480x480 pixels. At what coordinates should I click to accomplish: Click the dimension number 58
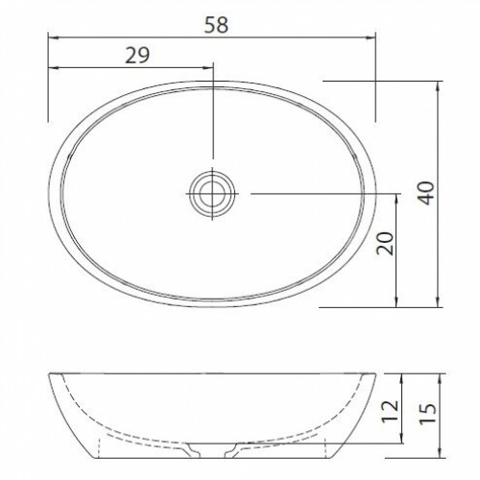216,25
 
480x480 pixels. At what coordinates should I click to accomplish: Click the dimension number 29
137,56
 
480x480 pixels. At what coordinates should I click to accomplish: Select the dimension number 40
427,193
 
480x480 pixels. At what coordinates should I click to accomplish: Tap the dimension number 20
385,243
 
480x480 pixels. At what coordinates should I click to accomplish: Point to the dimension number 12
390,411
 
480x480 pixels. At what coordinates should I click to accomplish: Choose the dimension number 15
427,413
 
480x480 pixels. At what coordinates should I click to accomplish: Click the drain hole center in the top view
212,194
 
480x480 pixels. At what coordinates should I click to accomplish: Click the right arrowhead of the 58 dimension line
371,37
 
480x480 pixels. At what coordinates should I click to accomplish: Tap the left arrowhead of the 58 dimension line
52,37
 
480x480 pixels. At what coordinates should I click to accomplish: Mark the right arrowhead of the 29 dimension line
209,68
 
